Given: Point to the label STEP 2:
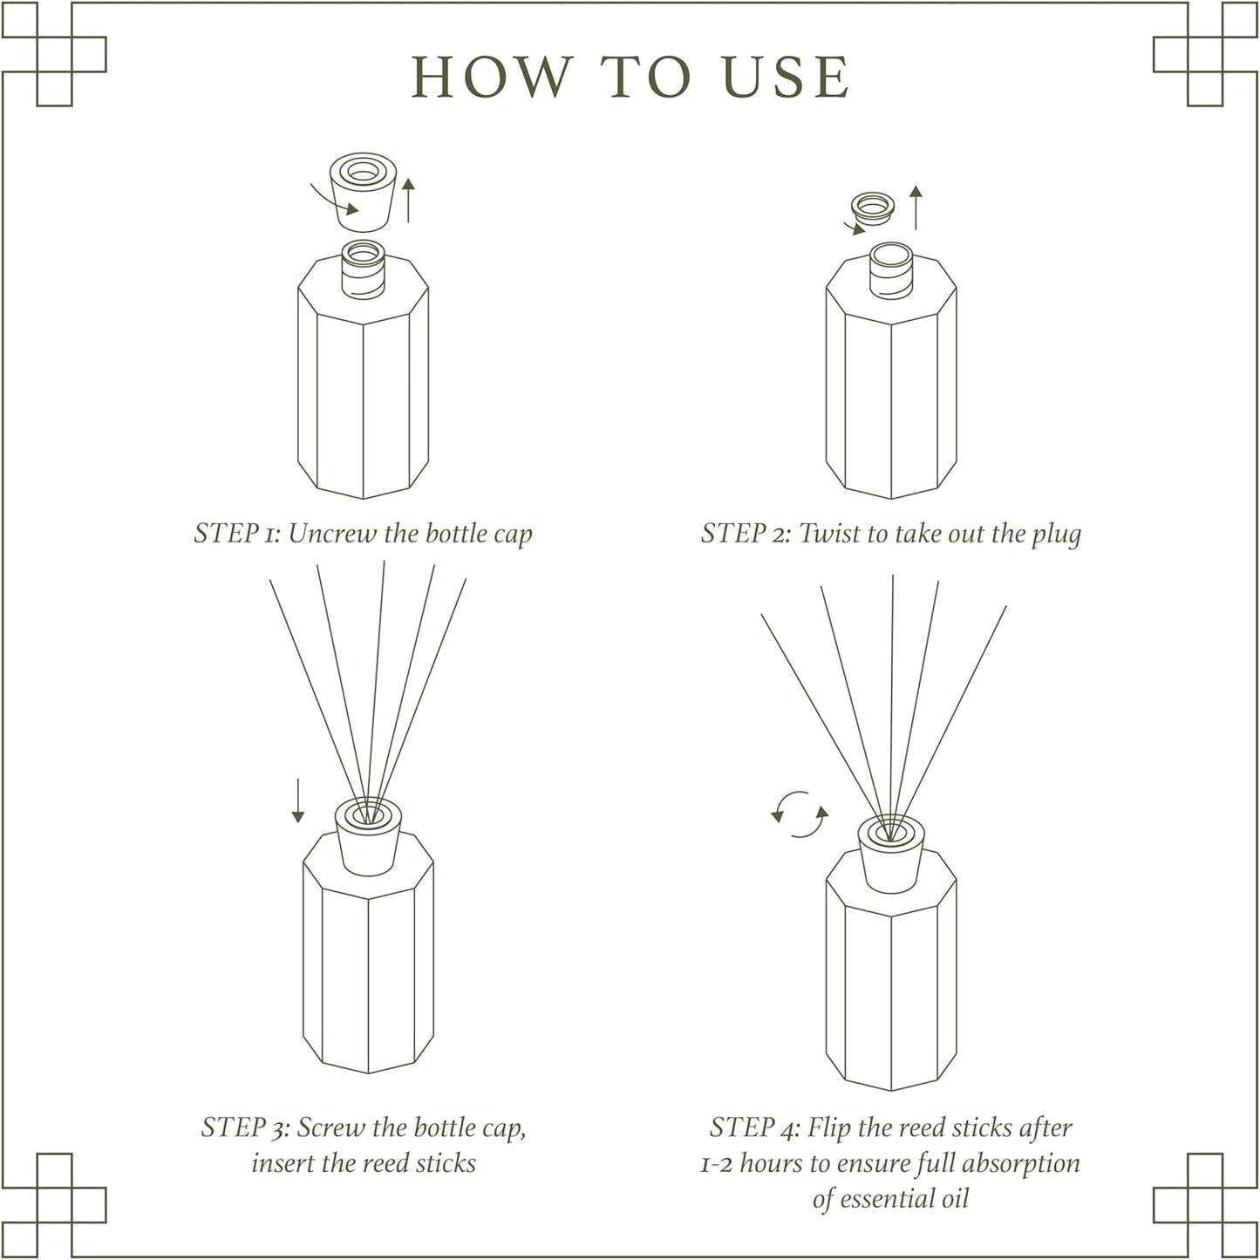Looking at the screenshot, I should pos(746,533).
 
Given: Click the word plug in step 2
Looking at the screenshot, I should pos(1056,535).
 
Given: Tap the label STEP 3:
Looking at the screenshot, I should pos(245,1127).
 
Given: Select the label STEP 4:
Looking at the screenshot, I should pos(754,1127).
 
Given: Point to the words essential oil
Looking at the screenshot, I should pos(890,1199).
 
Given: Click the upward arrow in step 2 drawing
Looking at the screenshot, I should pos(915,208).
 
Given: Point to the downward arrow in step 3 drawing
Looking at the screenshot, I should pos(298,800).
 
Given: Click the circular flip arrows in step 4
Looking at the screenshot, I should pos(800,814).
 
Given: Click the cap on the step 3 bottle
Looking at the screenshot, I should pos(368,839).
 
